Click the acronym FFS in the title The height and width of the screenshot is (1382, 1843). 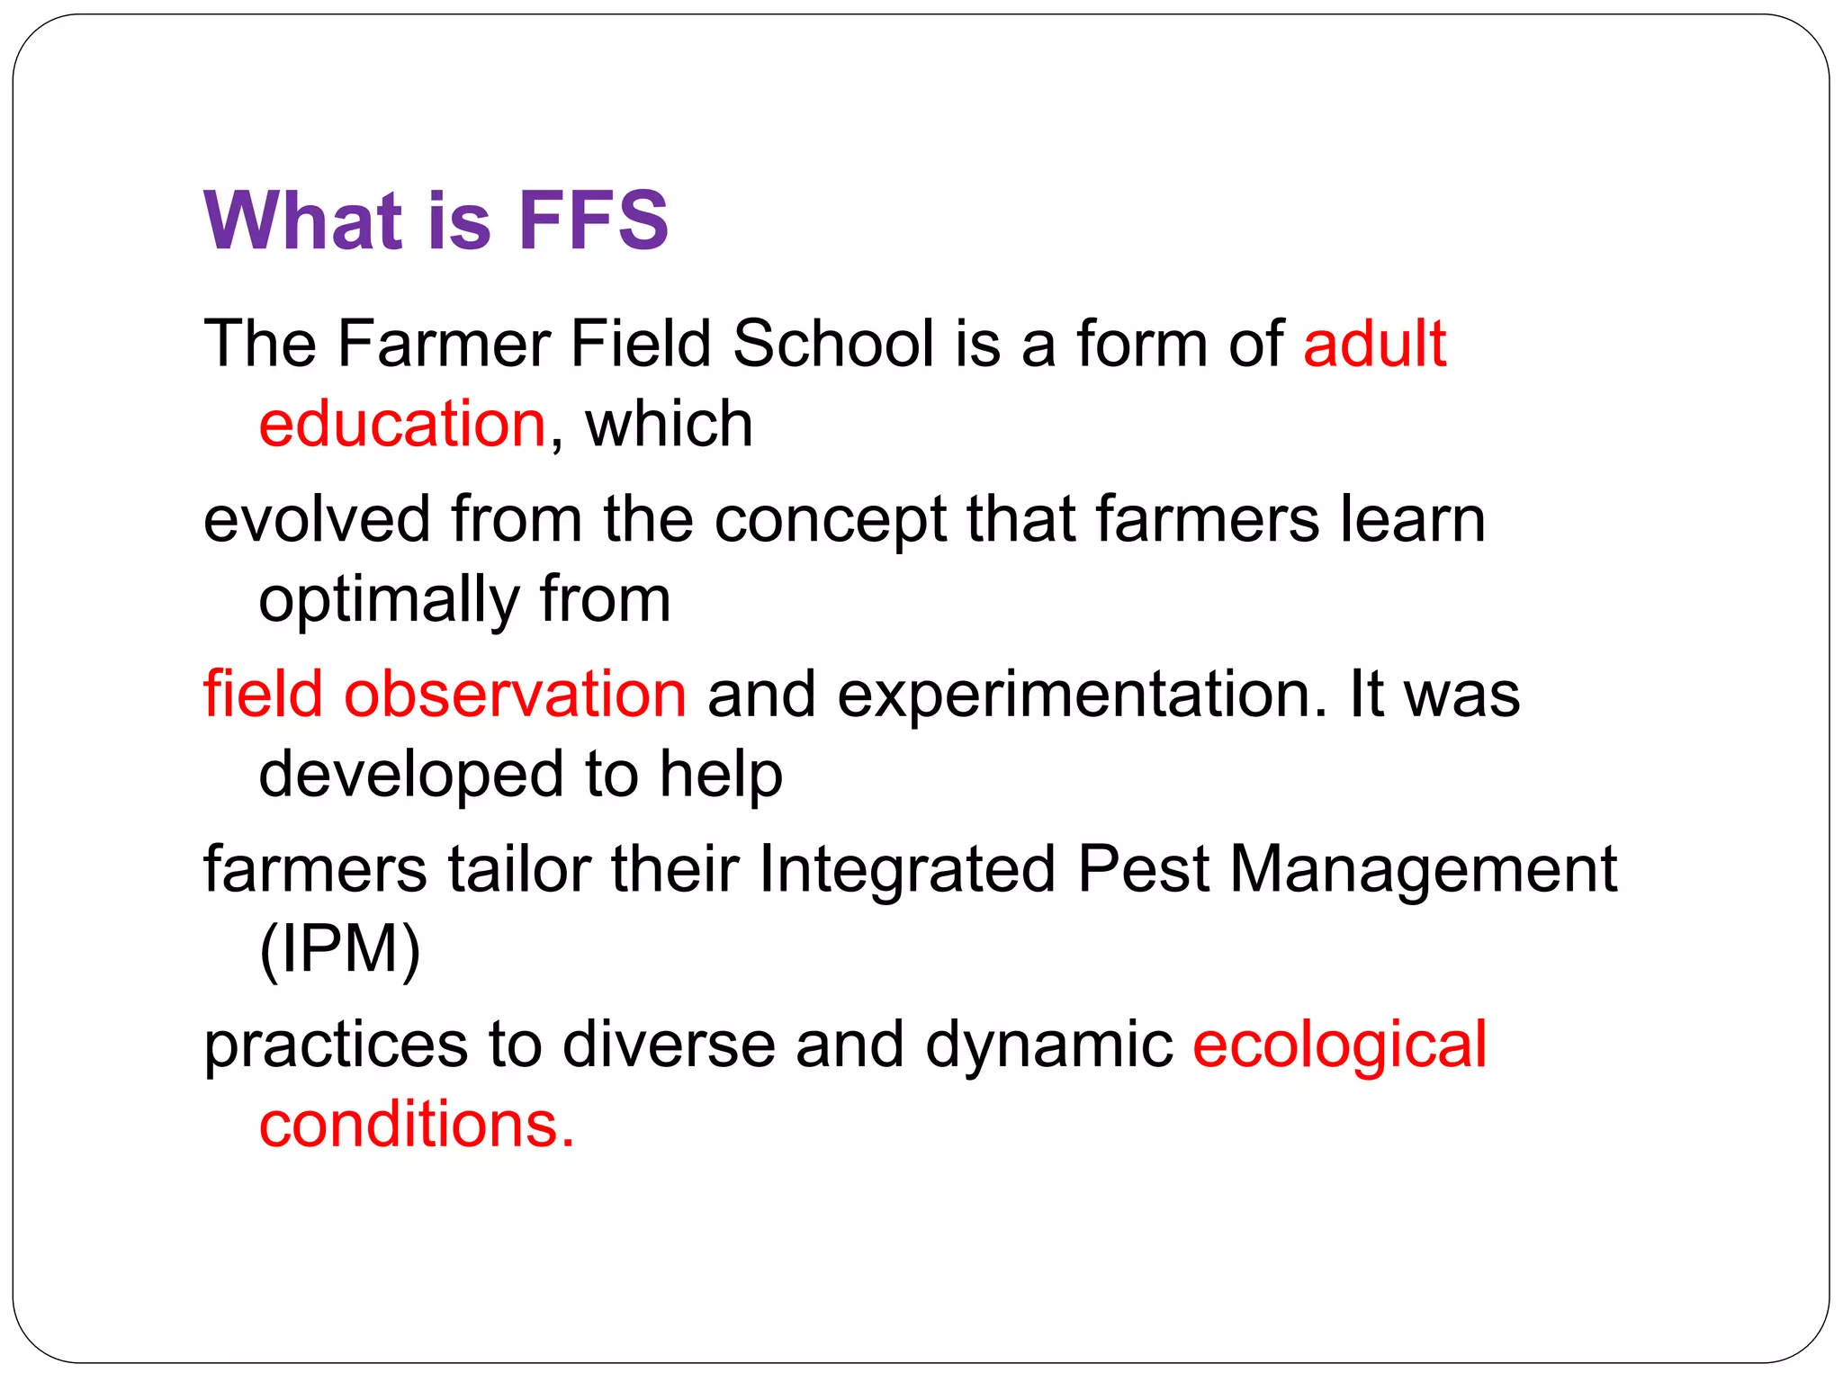click(x=593, y=220)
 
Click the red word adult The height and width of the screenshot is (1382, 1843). click(x=1374, y=344)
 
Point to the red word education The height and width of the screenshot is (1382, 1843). click(x=402, y=424)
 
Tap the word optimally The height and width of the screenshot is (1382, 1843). click(x=389, y=601)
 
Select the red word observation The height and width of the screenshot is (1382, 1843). click(x=515, y=694)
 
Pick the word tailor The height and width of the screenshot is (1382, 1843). click(x=519, y=869)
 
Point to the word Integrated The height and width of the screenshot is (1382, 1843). click(x=907, y=871)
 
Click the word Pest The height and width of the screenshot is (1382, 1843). click(x=1143, y=869)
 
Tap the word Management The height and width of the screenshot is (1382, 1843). click(x=1423, y=871)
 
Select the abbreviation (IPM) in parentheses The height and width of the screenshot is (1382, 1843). click(x=339, y=950)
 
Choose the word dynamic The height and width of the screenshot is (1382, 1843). click(x=1049, y=1045)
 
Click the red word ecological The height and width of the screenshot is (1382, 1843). click(x=1339, y=1045)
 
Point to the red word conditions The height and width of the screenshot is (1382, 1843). click(x=416, y=1125)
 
